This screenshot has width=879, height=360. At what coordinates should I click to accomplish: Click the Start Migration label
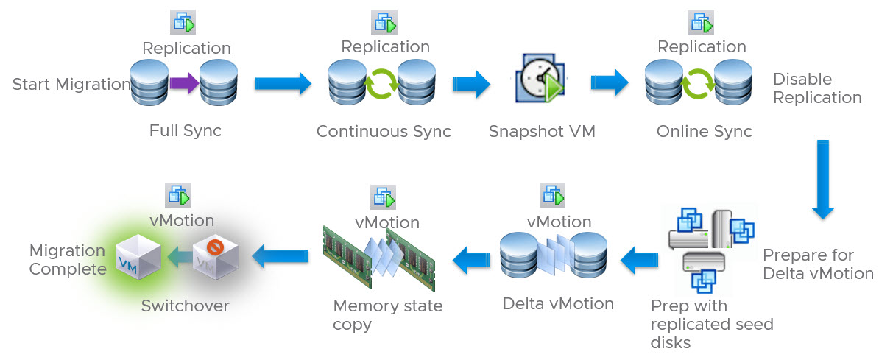[x=71, y=84]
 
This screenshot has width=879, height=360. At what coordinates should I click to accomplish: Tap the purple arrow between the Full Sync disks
[x=183, y=83]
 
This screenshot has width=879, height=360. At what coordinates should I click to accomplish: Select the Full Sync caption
[x=186, y=131]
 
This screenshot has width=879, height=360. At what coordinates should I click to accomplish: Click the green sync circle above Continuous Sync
[x=382, y=84]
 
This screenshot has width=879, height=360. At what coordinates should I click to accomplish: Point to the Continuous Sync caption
[x=384, y=131]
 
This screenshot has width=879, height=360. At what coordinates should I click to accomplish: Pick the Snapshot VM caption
[x=542, y=132]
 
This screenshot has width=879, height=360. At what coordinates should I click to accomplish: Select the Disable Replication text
[x=817, y=88]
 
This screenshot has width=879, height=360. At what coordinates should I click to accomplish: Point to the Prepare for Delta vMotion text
[x=817, y=264]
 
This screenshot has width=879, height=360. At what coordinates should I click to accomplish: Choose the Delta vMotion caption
[x=558, y=303]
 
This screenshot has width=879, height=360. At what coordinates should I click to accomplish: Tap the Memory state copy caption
[x=387, y=314]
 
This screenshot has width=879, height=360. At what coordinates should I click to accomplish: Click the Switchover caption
[x=186, y=306]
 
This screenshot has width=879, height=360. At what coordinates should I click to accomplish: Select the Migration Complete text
[x=68, y=260]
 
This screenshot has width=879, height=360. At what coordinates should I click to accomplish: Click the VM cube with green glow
[x=138, y=255]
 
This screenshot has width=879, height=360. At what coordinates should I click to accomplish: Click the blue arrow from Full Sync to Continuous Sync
[x=283, y=83]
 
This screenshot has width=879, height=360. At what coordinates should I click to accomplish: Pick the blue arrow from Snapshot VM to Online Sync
[x=609, y=83]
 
